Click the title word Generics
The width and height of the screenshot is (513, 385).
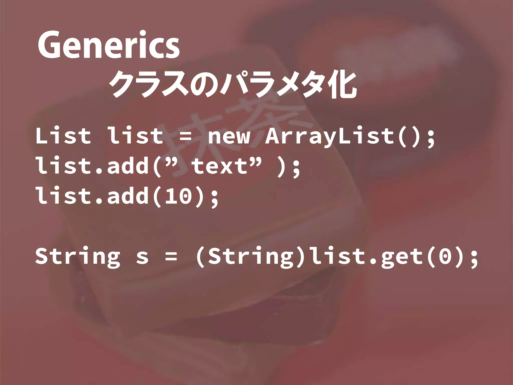click(x=108, y=45)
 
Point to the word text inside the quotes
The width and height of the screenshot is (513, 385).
click(x=219, y=166)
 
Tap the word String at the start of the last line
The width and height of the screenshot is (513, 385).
click(x=77, y=257)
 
